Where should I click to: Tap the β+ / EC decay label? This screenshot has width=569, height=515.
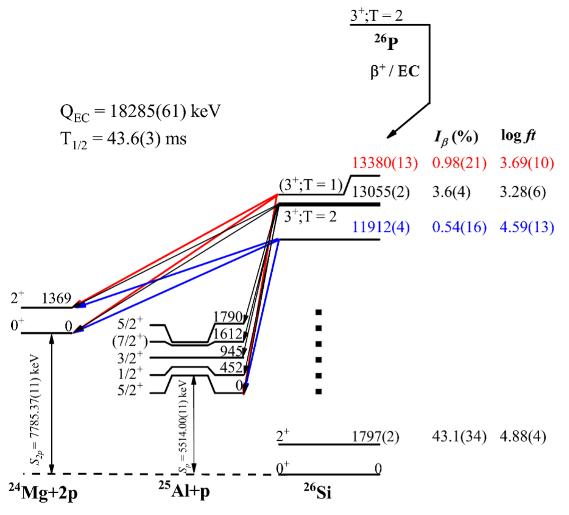pos(394,71)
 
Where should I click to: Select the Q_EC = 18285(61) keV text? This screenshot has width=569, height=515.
pos(140,112)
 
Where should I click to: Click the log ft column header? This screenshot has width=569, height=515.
pos(519,136)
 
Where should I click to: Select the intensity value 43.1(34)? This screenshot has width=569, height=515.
pos(459,438)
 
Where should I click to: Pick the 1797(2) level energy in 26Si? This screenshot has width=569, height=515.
pos(375,437)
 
